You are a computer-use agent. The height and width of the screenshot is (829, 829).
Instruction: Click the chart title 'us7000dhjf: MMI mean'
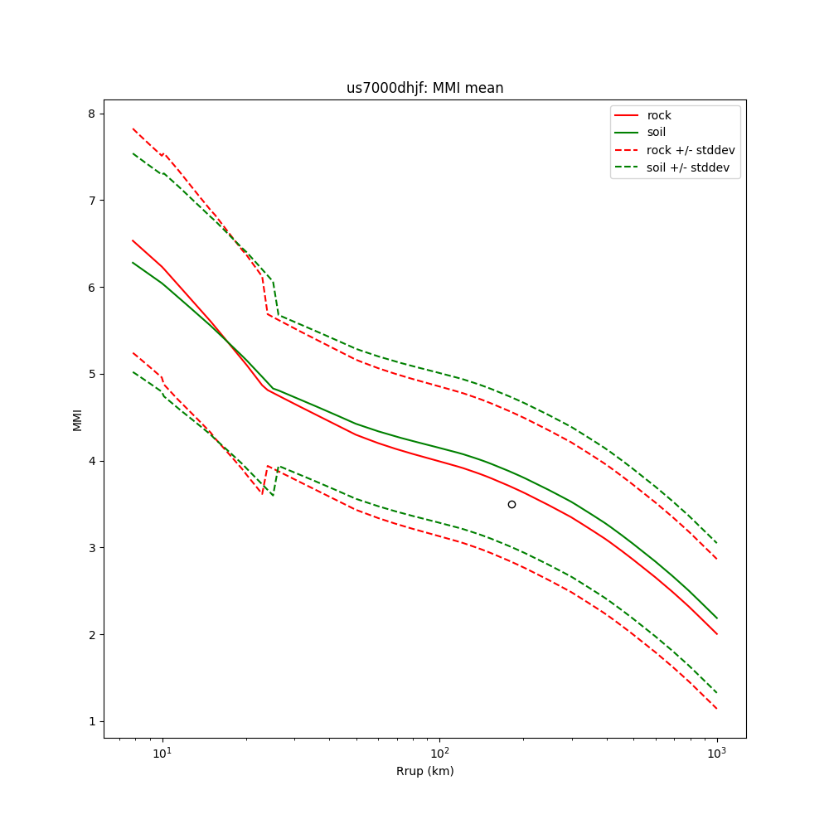tap(424, 88)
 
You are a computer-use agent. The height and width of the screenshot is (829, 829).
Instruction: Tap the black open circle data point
tap(511, 504)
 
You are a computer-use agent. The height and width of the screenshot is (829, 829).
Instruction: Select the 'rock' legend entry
tap(659, 115)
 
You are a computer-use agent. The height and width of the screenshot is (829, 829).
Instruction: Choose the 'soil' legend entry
tap(657, 132)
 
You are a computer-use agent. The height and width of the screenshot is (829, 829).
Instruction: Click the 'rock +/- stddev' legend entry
tap(691, 150)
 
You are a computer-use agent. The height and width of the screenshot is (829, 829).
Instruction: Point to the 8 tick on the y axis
tap(92, 114)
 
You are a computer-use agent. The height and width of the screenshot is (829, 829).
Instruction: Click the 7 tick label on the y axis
tap(92, 201)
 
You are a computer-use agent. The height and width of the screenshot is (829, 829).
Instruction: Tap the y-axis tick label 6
tap(92, 287)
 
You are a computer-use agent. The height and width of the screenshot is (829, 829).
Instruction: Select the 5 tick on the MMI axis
tap(92, 374)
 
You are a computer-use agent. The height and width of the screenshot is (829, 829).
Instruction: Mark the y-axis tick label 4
tap(92, 461)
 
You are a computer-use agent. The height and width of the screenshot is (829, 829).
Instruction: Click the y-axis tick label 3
tap(92, 548)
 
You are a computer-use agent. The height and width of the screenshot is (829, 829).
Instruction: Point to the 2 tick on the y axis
tap(92, 635)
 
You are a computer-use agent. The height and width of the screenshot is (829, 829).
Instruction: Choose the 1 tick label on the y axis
tap(92, 721)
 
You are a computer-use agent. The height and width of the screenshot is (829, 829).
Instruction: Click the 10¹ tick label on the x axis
tap(162, 753)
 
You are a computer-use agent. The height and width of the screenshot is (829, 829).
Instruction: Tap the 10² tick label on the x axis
tap(439, 753)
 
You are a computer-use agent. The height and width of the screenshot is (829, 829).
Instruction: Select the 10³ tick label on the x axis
tap(716, 753)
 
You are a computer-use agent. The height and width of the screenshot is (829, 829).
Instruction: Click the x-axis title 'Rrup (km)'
tap(424, 771)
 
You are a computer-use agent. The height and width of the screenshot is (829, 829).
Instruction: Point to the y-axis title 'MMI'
tap(77, 419)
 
